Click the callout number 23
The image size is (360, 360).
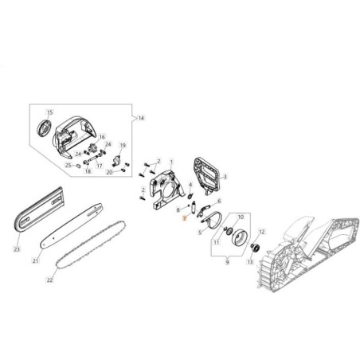click(16, 248)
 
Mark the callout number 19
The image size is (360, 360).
click(123, 146)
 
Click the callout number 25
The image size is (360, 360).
click(78, 165)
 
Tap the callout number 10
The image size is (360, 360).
click(241, 216)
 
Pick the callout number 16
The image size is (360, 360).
click(102, 137)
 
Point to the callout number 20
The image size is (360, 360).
click(110, 171)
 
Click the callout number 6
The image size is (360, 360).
click(219, 202)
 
